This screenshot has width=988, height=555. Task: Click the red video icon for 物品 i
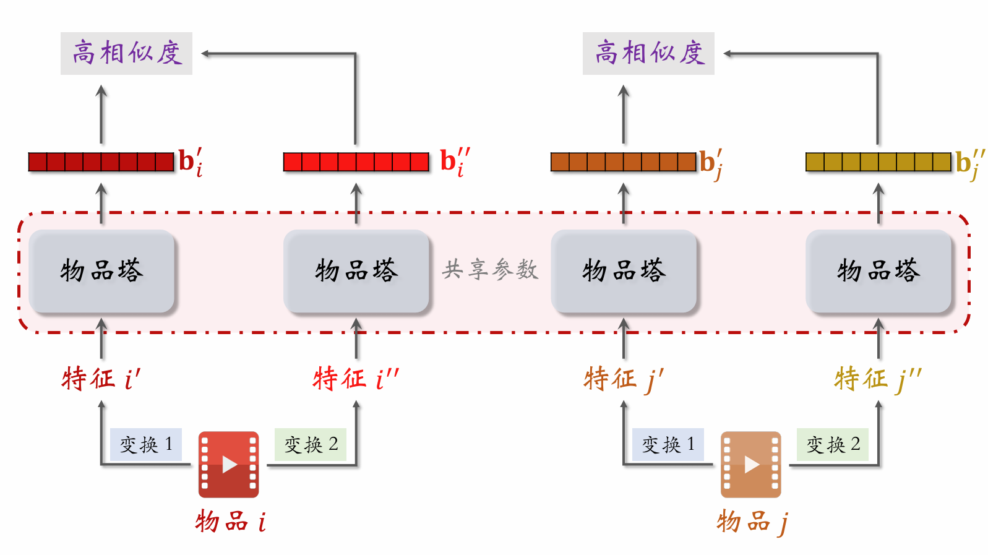click(x=228, y=464)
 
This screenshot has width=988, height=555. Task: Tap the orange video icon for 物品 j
click(x=750, y=464)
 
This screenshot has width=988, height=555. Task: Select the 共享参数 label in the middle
click(x=490, y=270)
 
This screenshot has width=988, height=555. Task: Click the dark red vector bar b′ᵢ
click(x=101, y=161)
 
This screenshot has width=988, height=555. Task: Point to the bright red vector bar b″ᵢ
click(x=356, y=161)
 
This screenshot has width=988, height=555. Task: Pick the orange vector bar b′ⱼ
click(x=623, y=161)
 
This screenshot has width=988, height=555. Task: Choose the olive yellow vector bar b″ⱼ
click(x=878, y=161)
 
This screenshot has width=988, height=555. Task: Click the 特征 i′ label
click(x=101, y=378)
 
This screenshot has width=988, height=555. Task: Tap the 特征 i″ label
click(x=356, y=378)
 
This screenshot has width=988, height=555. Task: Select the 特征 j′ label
click(x=623, y=378)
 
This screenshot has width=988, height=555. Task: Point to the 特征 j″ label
click(x=878, y=378)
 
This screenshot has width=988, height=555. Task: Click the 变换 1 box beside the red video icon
click(x=146, y=444)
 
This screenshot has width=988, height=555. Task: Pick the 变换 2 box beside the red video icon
click(x=311, y=444)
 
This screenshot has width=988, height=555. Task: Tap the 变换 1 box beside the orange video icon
click(x=668, y=444)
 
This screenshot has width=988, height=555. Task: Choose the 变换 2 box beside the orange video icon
click(x=833, y=444)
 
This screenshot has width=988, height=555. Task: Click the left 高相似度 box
click(x=126, y=53)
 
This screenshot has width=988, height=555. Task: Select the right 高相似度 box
click(x=648, y=53)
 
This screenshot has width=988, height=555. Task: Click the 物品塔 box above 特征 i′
click(x=102, y=271)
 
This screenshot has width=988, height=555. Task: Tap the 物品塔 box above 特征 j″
click(x=878, y=271)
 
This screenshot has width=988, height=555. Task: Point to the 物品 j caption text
click(x=752, y=522)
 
